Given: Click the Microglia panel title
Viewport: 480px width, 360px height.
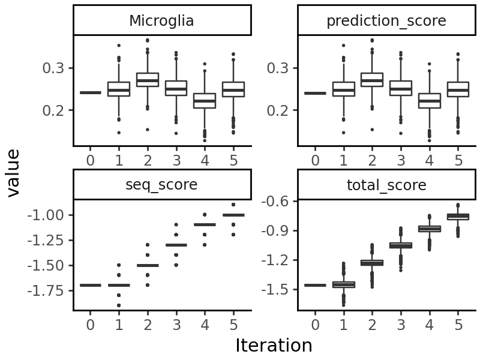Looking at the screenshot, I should [x=161, y=21].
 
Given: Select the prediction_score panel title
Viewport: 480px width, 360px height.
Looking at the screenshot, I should [x=386, y=21].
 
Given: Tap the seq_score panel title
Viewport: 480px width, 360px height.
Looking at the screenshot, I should [x=161, y=185].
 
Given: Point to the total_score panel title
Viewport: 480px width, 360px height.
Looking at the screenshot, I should [x=386, y=185].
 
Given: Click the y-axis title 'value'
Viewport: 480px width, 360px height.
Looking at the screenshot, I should [x=13, y=173].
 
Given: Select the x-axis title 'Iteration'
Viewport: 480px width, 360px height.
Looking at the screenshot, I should [x=274, y=346].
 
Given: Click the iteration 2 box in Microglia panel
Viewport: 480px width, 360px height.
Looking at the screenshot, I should [x=147, y=80].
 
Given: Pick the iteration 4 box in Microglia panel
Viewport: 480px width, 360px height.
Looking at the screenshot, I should [x=204, y=101].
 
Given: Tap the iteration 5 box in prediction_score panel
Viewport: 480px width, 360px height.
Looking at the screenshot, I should [x=458, y=89].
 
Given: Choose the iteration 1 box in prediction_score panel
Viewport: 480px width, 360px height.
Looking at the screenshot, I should [x=343, y=89].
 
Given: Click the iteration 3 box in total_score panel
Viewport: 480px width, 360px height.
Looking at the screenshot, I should [x=400, y=245].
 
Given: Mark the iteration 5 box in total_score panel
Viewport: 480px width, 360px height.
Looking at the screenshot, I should [x=458, y=217].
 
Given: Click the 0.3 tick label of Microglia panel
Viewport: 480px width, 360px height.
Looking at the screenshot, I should [x=53, y=68].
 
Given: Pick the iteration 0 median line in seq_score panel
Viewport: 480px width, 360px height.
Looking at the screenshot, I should [x=90, y=285].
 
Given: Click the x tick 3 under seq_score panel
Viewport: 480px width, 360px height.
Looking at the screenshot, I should [x=176, y=325].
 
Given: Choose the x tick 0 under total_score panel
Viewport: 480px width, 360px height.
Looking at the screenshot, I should [x=315, y=325].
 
